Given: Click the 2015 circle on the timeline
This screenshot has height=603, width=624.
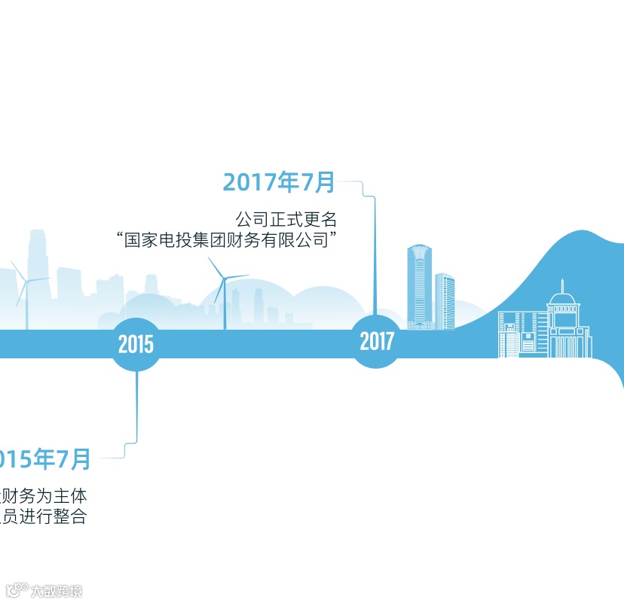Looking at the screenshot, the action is tap(136, 345).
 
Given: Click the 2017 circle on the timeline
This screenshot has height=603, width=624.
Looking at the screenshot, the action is tap(377, 342).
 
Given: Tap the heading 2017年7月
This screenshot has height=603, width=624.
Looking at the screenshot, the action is tap(279, 182).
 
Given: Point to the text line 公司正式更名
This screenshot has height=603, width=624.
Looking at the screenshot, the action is tap(286, 220).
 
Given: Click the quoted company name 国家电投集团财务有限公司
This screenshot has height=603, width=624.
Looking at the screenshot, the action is tap(226, 241).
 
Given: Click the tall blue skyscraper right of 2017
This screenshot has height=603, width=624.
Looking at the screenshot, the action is tap(419, 286).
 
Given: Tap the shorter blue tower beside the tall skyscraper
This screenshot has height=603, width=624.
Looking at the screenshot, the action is tap(445, 301).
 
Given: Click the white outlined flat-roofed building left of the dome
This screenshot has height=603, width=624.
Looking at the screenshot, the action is tap(520, 335).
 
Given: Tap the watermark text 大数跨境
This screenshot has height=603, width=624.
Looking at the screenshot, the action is tap(56, 591).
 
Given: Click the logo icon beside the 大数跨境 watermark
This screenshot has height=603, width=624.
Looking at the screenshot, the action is tap(17, 589).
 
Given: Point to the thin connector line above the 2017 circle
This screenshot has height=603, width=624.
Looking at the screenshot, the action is tap(375, 256).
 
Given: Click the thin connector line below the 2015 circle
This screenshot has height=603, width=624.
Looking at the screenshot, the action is tap(136, 407).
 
